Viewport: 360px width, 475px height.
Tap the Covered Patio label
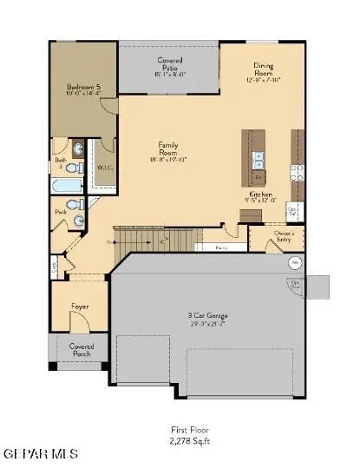point(169,68)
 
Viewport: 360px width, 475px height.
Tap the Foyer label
point(79,307)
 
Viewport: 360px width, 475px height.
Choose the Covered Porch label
point(82,350)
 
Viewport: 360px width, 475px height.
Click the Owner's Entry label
point(285,237)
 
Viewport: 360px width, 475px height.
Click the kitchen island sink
point(257,159)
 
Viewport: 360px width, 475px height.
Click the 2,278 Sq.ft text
point(189,441)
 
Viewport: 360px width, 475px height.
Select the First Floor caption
point(189,430)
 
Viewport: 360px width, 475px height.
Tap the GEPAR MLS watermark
point(40,454)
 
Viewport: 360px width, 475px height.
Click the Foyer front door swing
point(78,323)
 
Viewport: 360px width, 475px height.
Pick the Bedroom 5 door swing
point(108,105)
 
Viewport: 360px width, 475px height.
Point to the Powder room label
point(60,211)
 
